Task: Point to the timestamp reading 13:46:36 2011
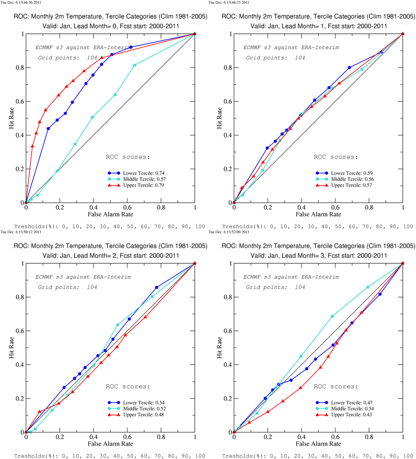(x=21, y=2)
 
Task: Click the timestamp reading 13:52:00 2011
(x=229, y=232)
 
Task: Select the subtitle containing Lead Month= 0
(x=111, y=26)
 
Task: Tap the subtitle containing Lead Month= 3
(x=319, y=256)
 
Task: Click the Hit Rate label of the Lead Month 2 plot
(x=11, y=348)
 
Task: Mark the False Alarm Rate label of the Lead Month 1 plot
(x=318, y=214)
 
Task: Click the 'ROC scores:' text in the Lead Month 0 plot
(x=128, y=157)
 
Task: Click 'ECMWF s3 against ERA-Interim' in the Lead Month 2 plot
(x=83, y=277)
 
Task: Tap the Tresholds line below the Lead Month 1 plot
(x=318, y=226)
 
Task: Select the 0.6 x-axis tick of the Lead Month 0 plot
(x=127, y=208)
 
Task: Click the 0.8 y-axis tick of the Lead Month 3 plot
(x=228, y=297)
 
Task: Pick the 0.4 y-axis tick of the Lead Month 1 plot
(x=228, y=135)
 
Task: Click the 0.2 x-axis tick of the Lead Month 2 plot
(x=60, y=437)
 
